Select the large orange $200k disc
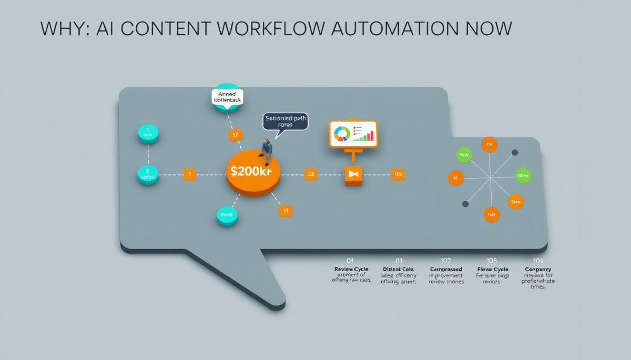(x=253, y=172)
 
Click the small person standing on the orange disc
(x=267, y=151)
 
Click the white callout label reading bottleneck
(x=227, y=98)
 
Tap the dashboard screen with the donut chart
(x=353, y=133)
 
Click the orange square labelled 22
(x=311, y=174)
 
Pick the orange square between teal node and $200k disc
(x=189, y=174)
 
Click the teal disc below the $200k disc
(x=227, y=215)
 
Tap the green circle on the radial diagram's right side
(x=523, y=176)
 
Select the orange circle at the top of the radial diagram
(x=489, y=144)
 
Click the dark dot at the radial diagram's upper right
(x=515, y=153)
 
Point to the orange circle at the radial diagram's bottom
(x=491, y=214)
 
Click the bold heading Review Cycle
(x=351, y=269)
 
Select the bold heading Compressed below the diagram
(x=446, y=269)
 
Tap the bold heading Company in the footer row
(x=537, y=269)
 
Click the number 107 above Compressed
(x=446, y=260)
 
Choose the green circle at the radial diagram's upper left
(x=464, y=155)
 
